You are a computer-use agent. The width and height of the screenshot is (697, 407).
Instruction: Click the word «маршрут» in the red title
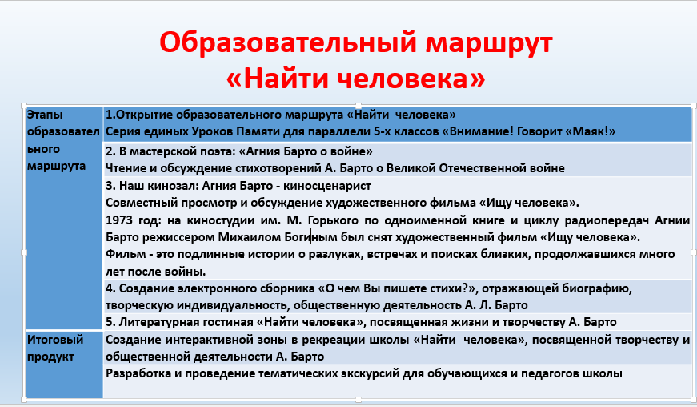point(489,44)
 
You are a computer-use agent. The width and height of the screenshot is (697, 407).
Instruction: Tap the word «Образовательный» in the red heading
point(288,43)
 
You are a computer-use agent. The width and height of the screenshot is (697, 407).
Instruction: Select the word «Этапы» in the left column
point(45,115)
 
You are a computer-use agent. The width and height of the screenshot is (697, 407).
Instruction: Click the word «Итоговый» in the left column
point(55,340)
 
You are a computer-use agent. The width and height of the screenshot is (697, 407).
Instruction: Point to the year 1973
point(120,220)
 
